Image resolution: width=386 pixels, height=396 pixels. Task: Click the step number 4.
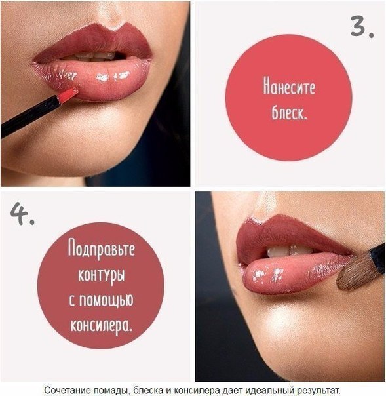pos(22,216)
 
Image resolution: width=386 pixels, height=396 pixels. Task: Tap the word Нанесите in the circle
pos(288,87)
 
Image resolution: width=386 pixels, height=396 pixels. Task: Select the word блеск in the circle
pos(289,112)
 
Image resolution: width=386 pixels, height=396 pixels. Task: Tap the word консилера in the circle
pos(100,323)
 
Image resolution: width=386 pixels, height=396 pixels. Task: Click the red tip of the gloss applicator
pos(68,95)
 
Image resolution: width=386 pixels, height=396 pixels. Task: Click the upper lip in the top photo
pos(98,43)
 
